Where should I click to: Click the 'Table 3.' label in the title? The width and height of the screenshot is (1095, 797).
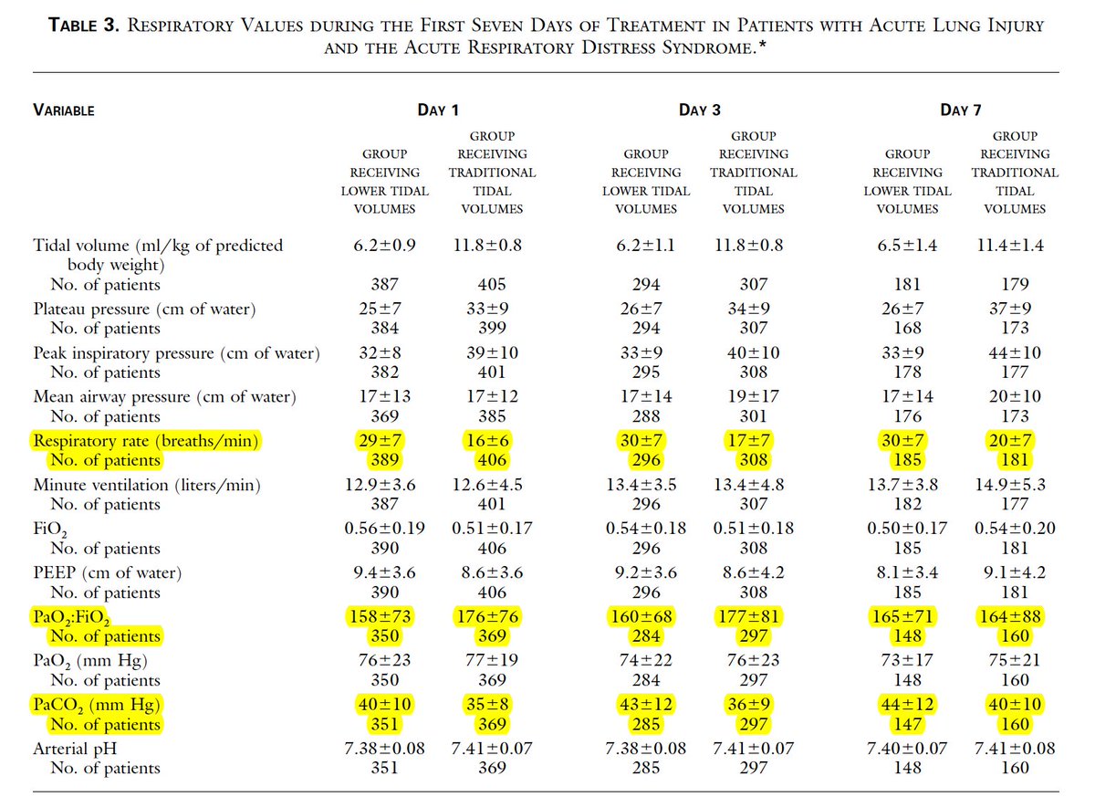(83, 26)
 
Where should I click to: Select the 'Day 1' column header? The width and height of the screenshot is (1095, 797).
(437, 110)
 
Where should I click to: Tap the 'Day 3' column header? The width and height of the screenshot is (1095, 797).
(699, 110)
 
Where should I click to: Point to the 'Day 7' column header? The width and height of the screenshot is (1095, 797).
(961, 110)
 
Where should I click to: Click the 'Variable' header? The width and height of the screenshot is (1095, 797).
(64, 111)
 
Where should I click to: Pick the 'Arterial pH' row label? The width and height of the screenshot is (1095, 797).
(78, 749)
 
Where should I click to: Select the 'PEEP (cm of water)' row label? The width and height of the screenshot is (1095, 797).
(107, 573)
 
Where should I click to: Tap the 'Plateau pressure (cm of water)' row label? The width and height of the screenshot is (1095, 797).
(144, 309)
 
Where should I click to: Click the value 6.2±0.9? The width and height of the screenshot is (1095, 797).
(384, 246)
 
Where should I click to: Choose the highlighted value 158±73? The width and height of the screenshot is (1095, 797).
(384, 617)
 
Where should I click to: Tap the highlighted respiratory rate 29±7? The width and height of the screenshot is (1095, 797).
(384, 442)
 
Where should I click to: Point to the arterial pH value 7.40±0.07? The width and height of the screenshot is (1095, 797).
(907, 749)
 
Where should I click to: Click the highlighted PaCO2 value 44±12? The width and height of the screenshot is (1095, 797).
(907, 706)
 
